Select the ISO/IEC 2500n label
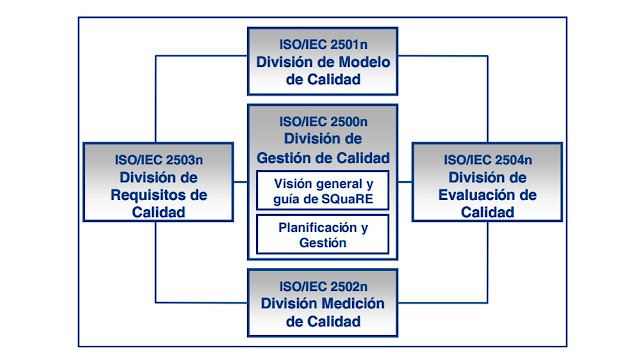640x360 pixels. [x=322, y=120]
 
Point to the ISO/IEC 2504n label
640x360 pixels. [x=487, y=159]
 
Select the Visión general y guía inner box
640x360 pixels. [x=322, y=190]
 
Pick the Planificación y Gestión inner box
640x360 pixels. [x=322, y=234]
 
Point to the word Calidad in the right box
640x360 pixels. [x=487, y=213]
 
